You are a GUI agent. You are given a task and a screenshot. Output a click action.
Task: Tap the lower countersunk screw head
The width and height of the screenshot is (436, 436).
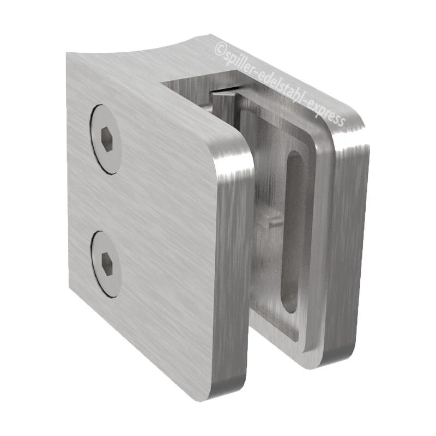tap(106, 264)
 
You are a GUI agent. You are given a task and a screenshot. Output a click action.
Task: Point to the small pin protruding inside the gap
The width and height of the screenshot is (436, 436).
tap(272, 221)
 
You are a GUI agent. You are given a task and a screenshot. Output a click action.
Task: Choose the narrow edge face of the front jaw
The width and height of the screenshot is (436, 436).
tap(232, 272)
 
